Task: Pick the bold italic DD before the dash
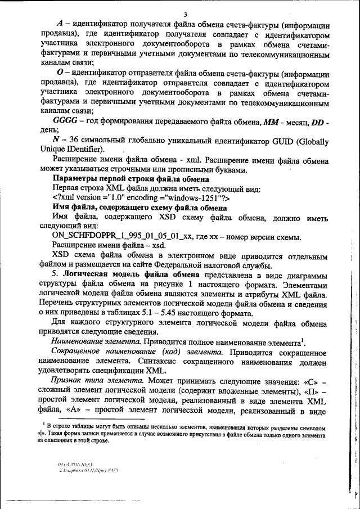coord(319,123)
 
